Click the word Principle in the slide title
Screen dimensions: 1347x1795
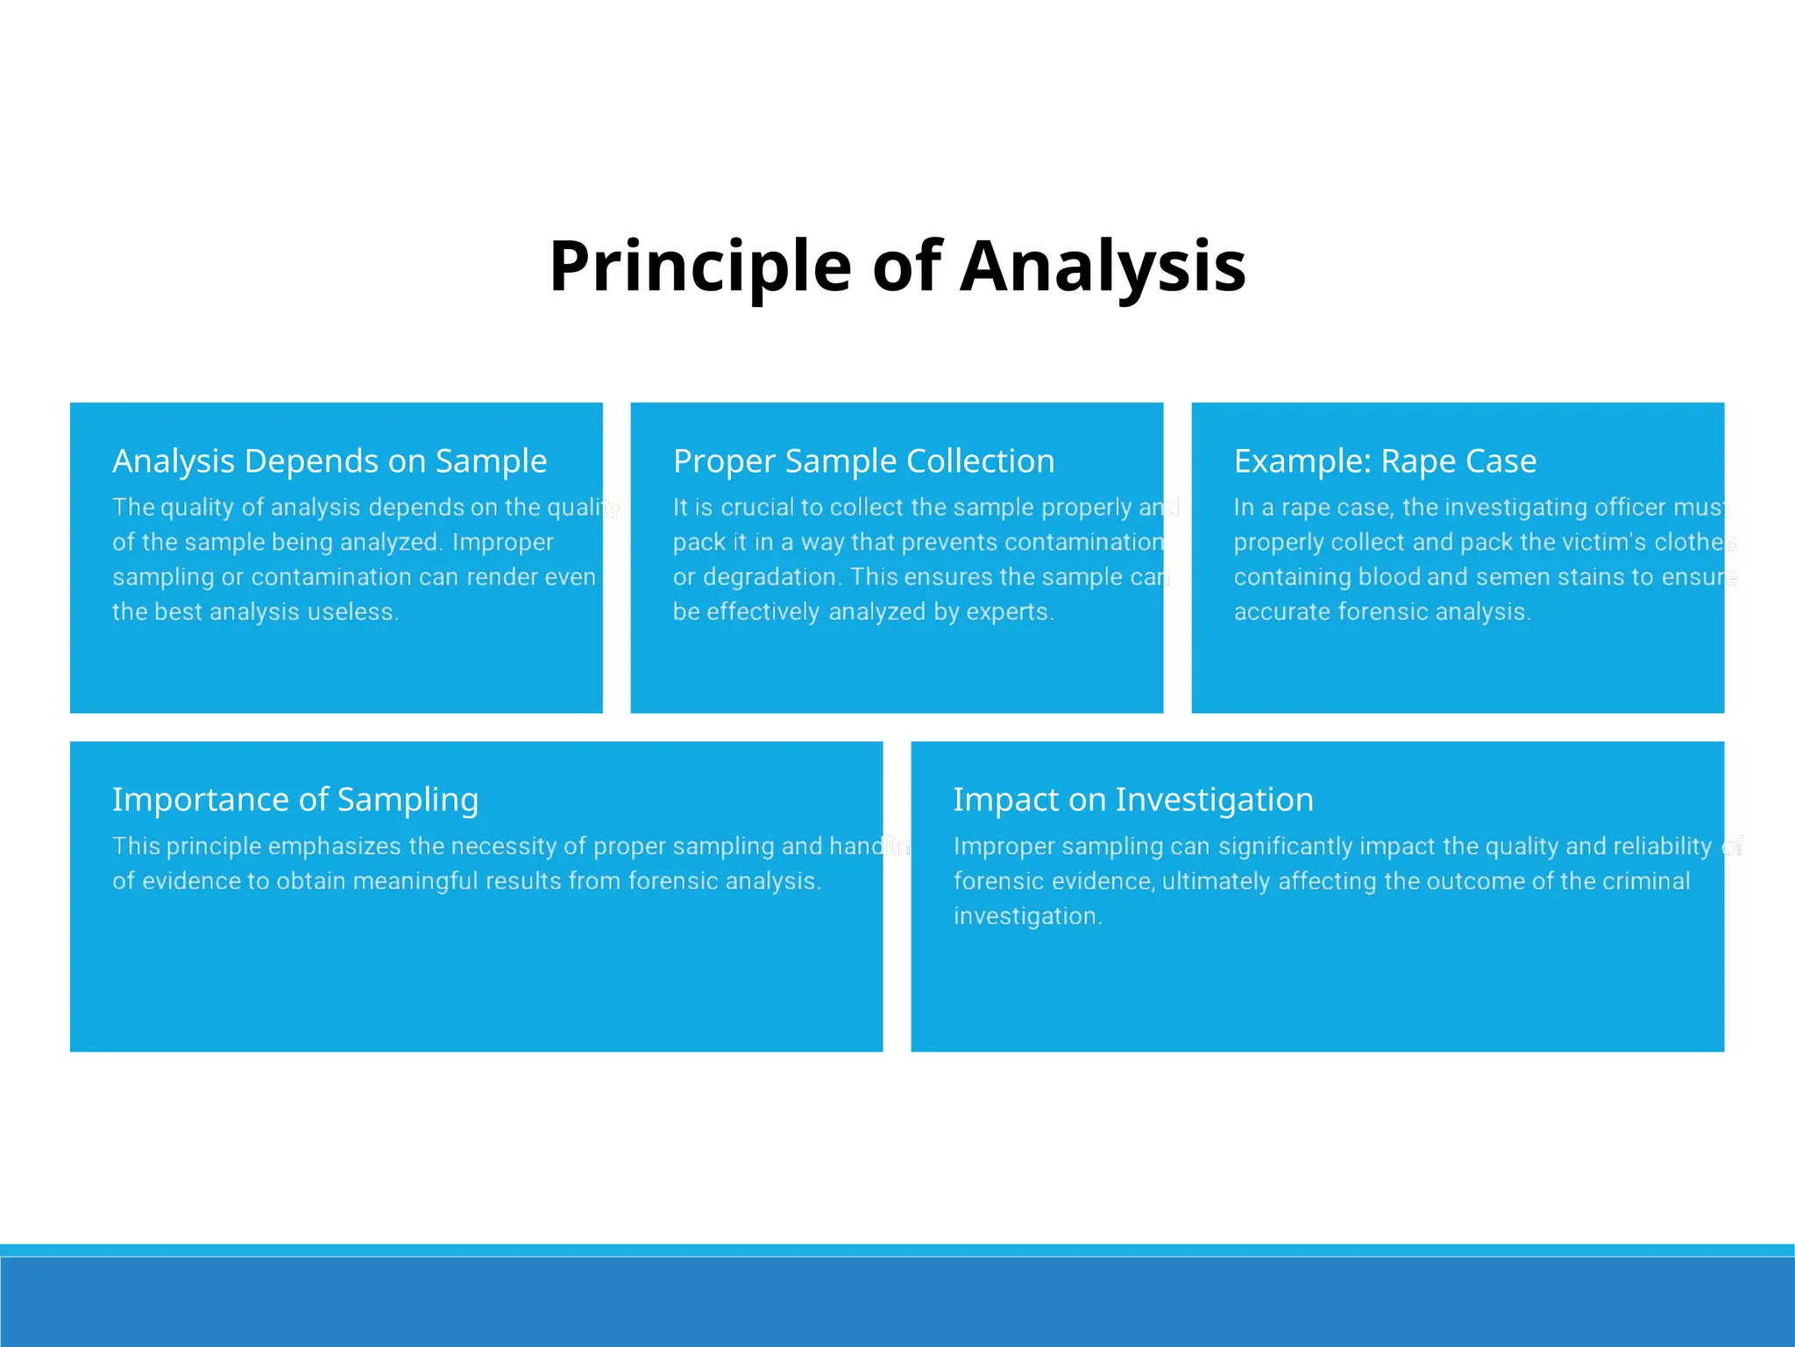click(699, 267)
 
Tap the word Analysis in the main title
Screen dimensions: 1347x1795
click(1103, 267)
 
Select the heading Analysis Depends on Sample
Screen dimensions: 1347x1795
click(330, 461)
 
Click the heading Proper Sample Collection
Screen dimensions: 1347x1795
click(863, 461)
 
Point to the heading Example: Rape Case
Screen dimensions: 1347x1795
click(1385, 461)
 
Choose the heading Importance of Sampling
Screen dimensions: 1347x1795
click(295, 800)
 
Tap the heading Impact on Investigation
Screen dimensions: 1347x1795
click(1133, 800)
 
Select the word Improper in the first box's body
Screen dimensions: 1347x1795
click(502, 543)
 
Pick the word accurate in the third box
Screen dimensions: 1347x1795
click(1281, 612)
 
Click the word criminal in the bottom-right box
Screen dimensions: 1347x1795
click(1645, 881)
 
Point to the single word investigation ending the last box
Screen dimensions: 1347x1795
click(1026, 916)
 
